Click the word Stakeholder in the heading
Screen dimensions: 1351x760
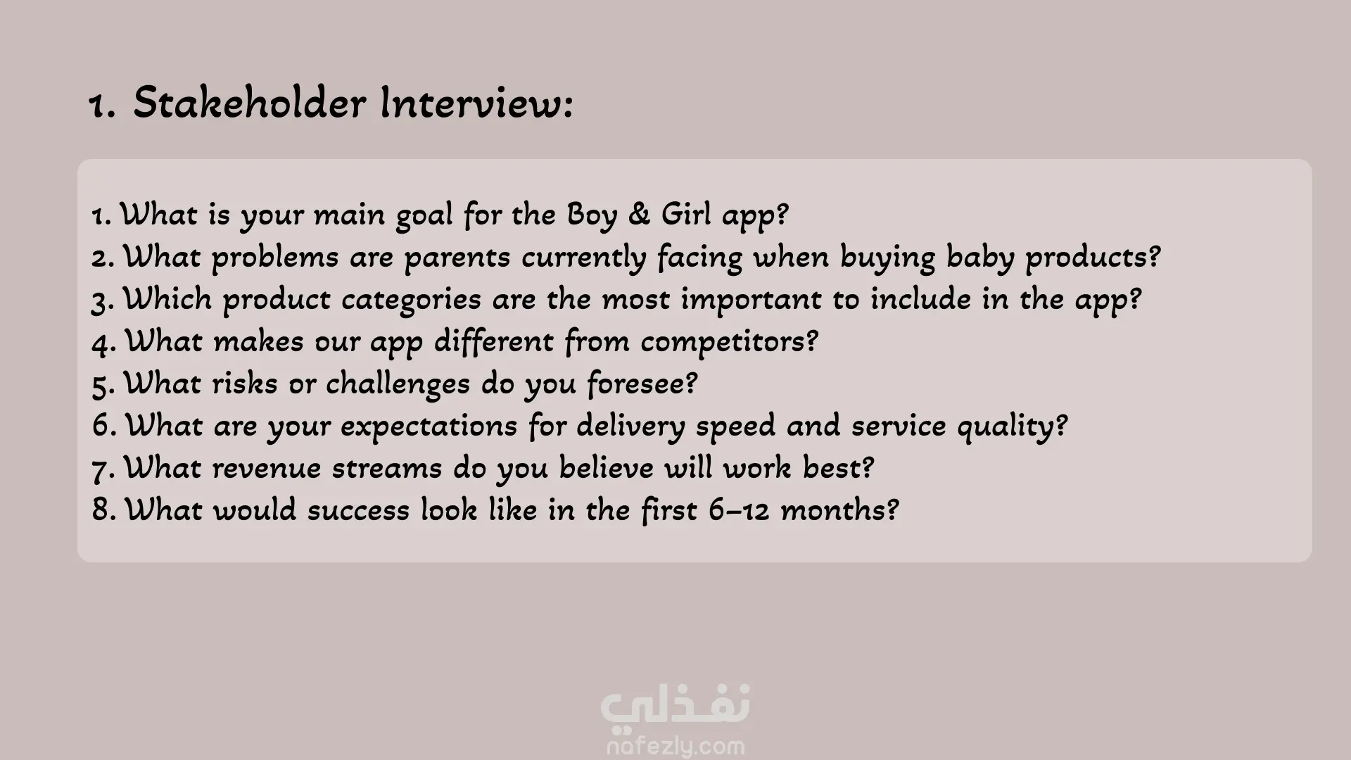click(250, 103)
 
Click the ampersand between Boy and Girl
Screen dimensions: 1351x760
click(639, 214)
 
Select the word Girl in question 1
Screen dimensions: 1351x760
click(687, 214)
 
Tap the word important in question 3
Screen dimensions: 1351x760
click(751, 300)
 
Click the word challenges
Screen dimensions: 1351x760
click(398, 384)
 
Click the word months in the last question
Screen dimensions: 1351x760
click(839, 510)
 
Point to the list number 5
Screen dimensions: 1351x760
click(103, 385)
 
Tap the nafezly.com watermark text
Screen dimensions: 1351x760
click(675, 745)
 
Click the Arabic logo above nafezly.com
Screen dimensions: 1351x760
click(675, 706)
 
